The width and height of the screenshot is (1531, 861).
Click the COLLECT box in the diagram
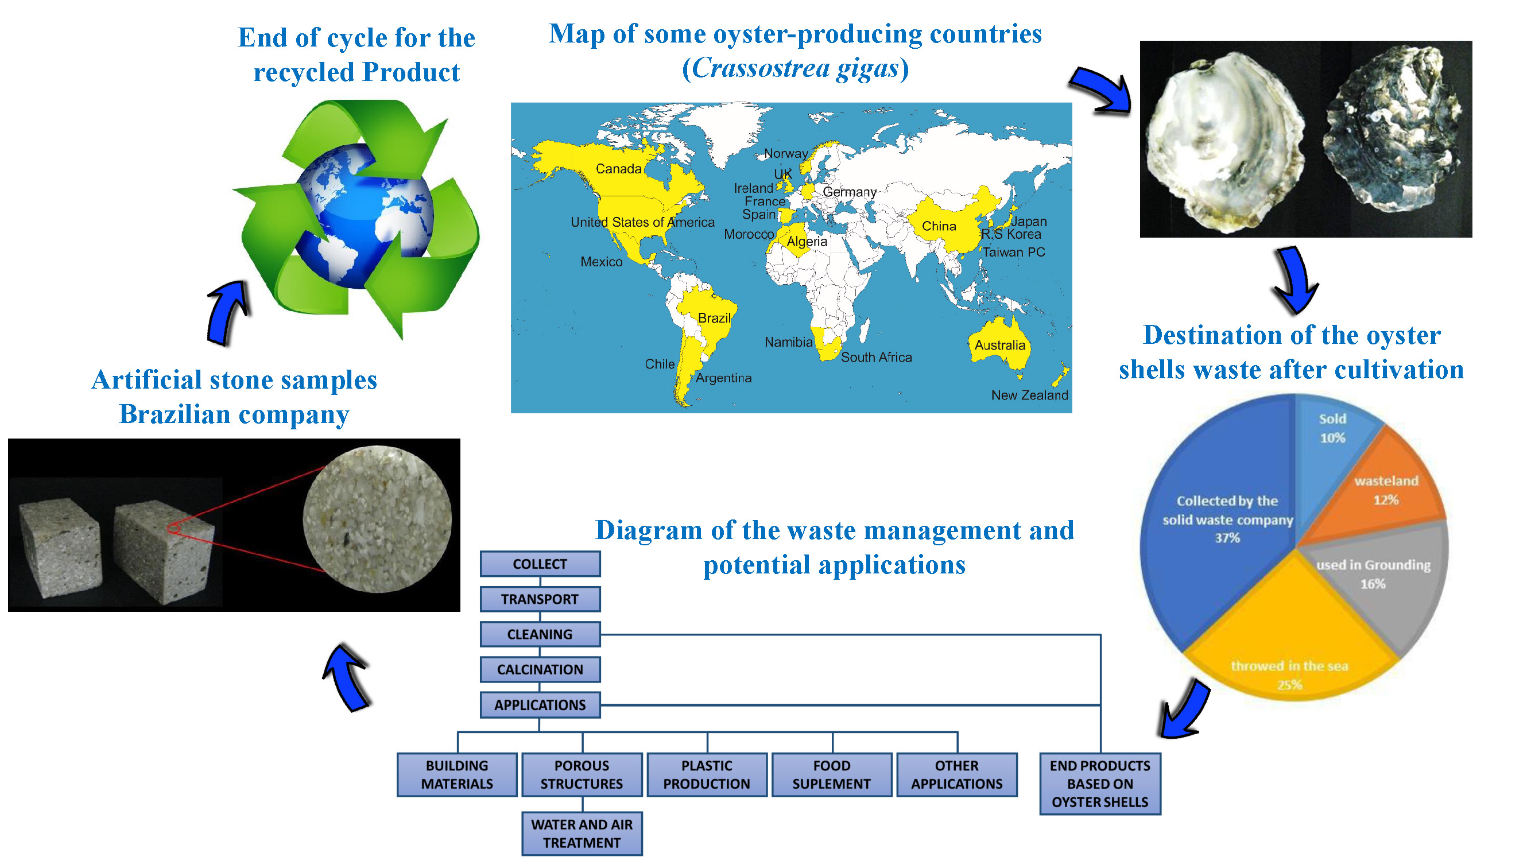click(x=540, y=563)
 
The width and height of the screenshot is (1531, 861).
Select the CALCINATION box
click(x=540, y=669)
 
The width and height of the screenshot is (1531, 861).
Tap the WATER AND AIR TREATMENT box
click(x=582, y=833)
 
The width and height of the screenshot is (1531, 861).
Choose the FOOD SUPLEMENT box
click(x=831, y=774)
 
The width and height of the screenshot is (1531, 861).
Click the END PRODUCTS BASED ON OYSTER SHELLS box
click(x=1099, y=783)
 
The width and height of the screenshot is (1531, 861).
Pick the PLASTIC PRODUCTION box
click(x=707, y=774)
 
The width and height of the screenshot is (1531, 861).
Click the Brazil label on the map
click(x=714, y=318)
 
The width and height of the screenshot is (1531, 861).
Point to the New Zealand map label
click(x=1029, y=395)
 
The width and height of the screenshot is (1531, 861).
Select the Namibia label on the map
click(x=788, y=342)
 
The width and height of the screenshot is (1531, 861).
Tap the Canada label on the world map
click(x=619, y=169)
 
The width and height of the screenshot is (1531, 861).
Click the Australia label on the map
click(x=999, y=344)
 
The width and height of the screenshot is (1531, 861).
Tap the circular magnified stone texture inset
click(x=377, y=519)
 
